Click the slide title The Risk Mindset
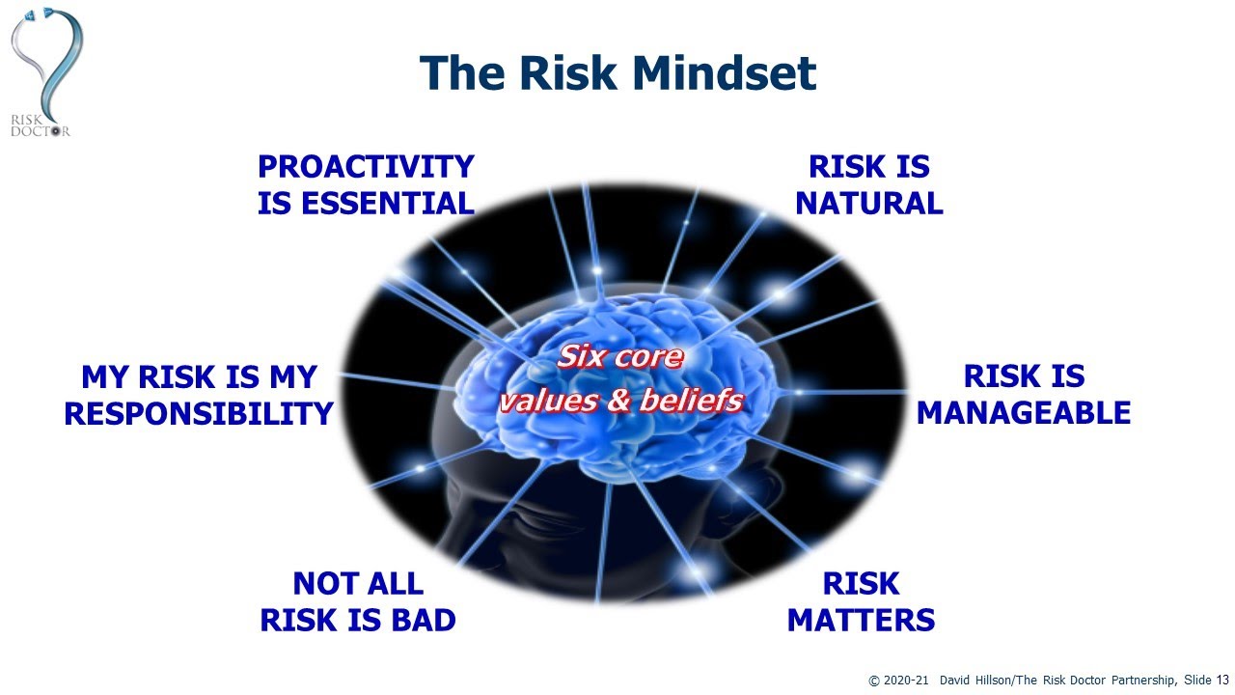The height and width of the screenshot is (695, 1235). pyautogui.click(x=617, y=72)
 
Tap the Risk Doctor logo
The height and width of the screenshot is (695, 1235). pyautogui.click(x=44, y=72)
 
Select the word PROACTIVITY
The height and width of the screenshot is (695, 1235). pyautogui.click(x=366, y=167)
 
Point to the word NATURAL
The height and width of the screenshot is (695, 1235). pyautogui.click(x=868, y=204)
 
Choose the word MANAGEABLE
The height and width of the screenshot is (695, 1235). pyautogui.click(x=1023, y=413)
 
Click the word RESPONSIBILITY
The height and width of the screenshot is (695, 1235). pyautogui.click(x=199, y=413)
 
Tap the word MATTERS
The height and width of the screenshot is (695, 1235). pyautogui.click(x=861, y=620)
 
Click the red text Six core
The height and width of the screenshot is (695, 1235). pyautogui.click(x=620, y=357)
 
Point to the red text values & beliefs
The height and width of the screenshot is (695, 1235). pyautogui.click(x=620, y=400)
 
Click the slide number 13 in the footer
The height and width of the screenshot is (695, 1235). pyautogui.click(x=1222, y=681)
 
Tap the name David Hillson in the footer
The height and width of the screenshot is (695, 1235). pyautogui.click(x=978, y=681)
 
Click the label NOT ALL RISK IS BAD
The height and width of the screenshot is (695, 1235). pyautogui.click(x=358, y=601)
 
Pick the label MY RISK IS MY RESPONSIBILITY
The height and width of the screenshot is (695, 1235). pyautogui.click(x=199, y=395)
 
